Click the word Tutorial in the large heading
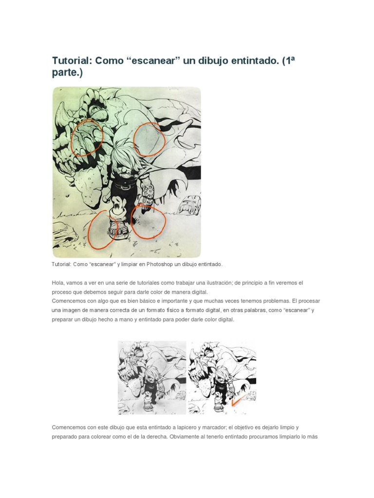point(71,61)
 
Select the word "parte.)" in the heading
point(67,73)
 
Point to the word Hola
point(58,283)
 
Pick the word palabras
point(256,310)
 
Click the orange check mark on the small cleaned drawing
point(238,401)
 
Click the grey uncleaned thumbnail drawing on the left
point(152,377)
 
